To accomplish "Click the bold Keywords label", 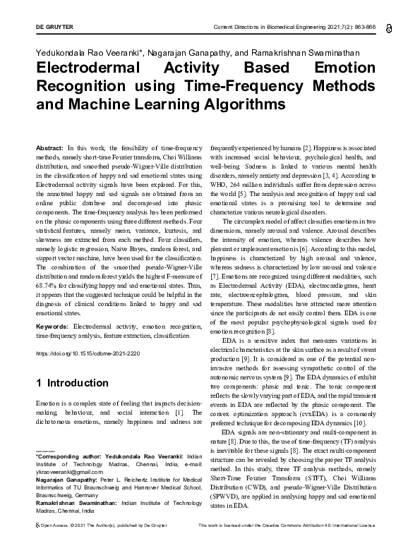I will [52, 327].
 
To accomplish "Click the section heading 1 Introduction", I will [72, 383].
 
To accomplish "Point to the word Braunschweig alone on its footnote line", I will [55, 494].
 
